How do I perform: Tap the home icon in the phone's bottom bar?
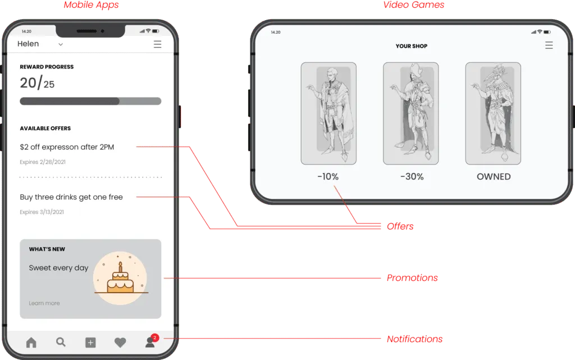pyautogui.click(x=31, y=343)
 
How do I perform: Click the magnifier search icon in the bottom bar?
pyautogui.click(x=61, y=342)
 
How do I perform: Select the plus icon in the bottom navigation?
pyautogui.click(x=90, y=343)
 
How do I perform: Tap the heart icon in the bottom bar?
pyautogui.click(x=120, y=343)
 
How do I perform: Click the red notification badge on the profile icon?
pyautogui.click(x=155, y=338)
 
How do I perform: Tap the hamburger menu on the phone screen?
pyautogui.click(x=157, y=44)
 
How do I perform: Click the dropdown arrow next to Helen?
pyautogui.click(x=61, y=44)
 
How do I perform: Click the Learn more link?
pyautogui.click(x=44, y=303)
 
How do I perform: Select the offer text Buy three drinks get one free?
pyautogui.click(x=71, y=197)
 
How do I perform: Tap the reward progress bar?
pyautogui.click(x=90, y=101)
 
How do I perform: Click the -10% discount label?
pyautogui.click(x=328, y=176)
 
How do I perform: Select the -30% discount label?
pyautogui.click(x=412, y=176)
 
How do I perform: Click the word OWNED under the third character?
pyautogui.click(x=494, y=176)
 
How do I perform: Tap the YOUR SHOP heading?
pyautogui.click(x=411, y=46)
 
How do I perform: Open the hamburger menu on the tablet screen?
pyautogui.click(x=549, y=45)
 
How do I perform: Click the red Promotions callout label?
pyautogui.click(x=412, y=279)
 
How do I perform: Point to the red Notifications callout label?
pyautogui.click(x=415, y=339)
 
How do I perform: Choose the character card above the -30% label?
pyautogui.click(x=410, y=113)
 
